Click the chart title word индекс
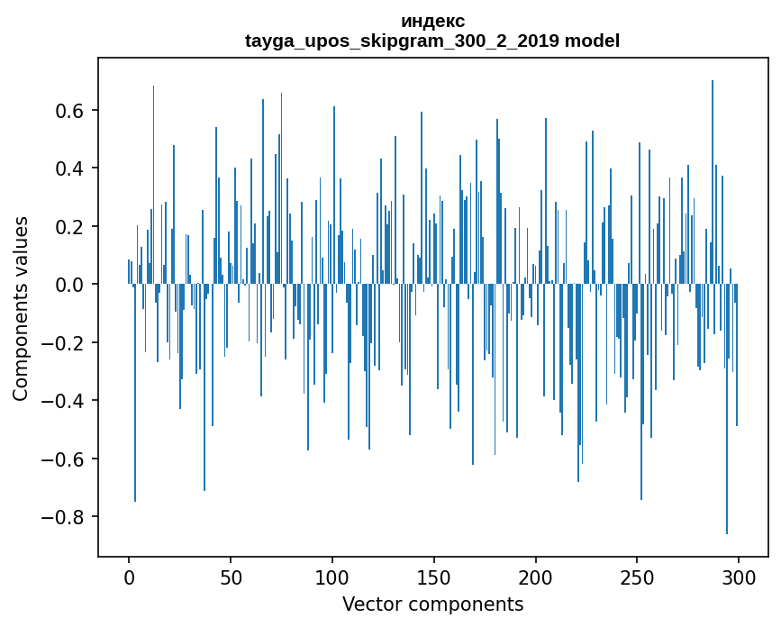click(432, 21)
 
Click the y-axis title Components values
click(21, 308)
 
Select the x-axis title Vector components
click(432, 604)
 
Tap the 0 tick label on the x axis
click(129, 577)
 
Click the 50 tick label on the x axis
click(231, 577)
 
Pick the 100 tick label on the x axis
click(332, 577)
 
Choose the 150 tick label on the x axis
click(434, 577)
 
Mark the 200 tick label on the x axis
click(536, 577)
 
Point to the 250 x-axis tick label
click(637, 577)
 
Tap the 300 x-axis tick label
click(739, 577)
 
